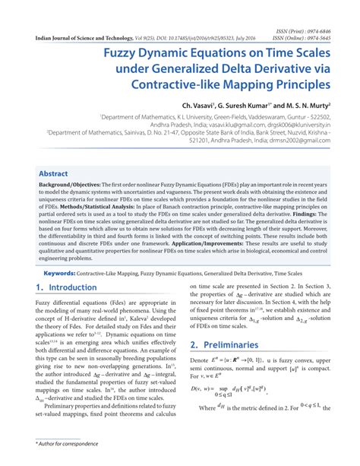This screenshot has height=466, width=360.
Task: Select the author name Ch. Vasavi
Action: (x=201, y=106)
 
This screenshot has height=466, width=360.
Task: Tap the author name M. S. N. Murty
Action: (x=312, y=106)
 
